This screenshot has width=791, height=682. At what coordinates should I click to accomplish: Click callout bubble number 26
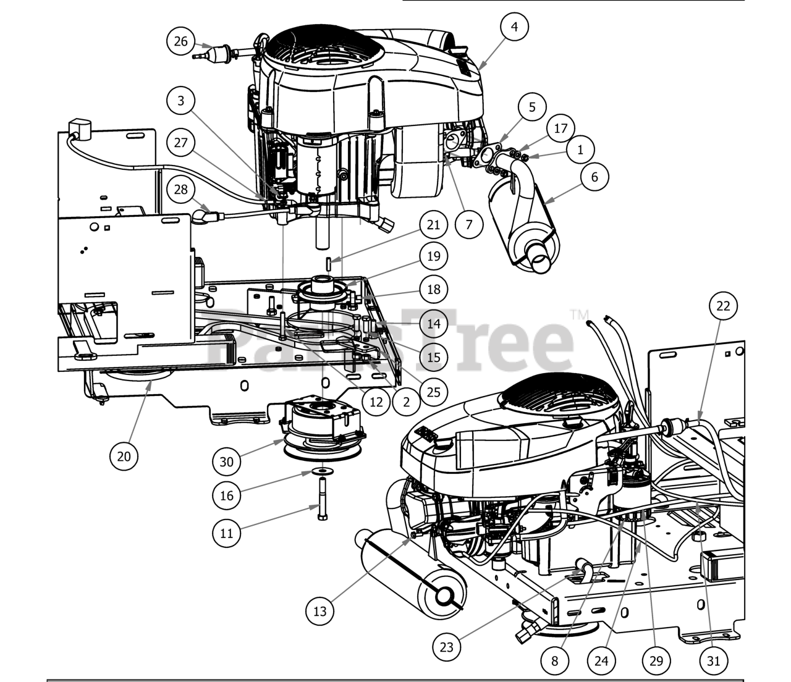(180, 41)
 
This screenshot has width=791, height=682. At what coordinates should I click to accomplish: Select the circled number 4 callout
(515, 27)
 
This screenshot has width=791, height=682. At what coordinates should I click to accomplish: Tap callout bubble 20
(124, 457)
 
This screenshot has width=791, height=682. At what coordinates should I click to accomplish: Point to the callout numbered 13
(320, 611)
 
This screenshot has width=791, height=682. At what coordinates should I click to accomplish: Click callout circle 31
(713, 660)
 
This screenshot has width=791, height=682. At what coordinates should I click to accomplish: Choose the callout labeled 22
(724, 305)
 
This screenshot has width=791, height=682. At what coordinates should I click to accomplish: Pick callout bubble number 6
(594, 177)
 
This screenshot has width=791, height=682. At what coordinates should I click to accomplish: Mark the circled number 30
(227, 461)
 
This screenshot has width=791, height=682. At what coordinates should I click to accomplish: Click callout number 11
(227, 532)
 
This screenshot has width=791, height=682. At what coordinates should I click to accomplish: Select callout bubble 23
(447, 647)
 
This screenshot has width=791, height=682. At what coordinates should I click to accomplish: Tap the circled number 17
(560, 129)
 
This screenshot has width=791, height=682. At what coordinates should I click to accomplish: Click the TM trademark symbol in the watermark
(580, 314)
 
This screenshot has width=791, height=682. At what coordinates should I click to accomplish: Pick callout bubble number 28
(180, 189)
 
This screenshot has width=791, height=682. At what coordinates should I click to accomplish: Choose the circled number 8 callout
(554, 660)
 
